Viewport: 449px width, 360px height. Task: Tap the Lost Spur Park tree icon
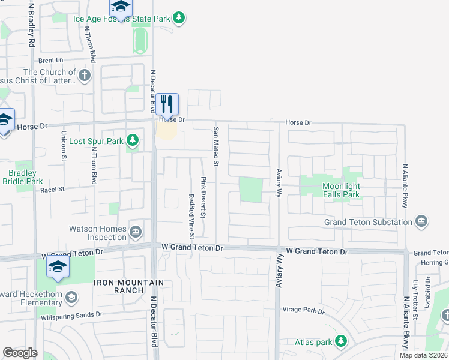pyautogui.click(x=133, y=142)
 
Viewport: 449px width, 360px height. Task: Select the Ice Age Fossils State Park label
pyautogui.click(x=122, y=19)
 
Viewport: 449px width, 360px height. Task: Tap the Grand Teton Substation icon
pyautogui.click(x=421, y=222)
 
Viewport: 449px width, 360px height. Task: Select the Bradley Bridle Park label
pyautogui.click(x=23, y=177)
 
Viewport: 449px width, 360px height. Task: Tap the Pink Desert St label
pyautogui.click(x=204, y=197)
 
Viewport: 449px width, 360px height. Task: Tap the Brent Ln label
pyautogui.click(x=50, y=60)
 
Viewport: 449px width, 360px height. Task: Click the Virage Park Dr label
pyautogui.click(x=303, y=311)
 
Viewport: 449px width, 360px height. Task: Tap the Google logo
pyautogui.click(x=20, y=353)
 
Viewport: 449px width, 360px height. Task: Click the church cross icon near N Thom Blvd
pyautogui.click(x=85, y=76)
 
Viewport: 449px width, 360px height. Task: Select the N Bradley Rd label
pyautogui.click(x=31, y=27)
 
